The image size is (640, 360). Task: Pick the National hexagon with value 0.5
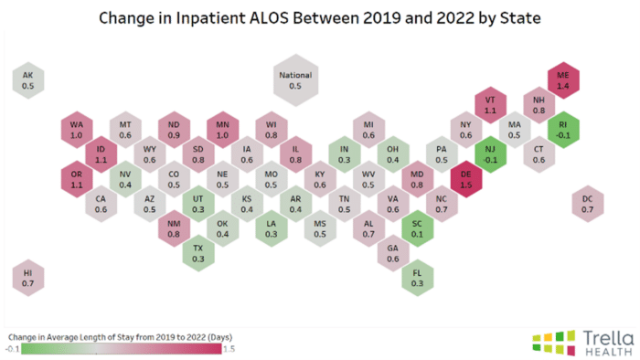click(x=294, y=79)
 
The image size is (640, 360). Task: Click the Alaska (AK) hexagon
click(x=27, y=79)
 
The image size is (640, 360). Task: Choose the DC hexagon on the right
click(x=588, y=203)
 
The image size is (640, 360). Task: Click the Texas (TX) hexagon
click(x=198, y=253)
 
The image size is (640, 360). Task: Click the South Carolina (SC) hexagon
click(x=417, y=228)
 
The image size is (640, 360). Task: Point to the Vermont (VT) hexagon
click(x=490, y=104)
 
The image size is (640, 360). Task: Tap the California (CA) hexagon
click(x=101, y=203)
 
